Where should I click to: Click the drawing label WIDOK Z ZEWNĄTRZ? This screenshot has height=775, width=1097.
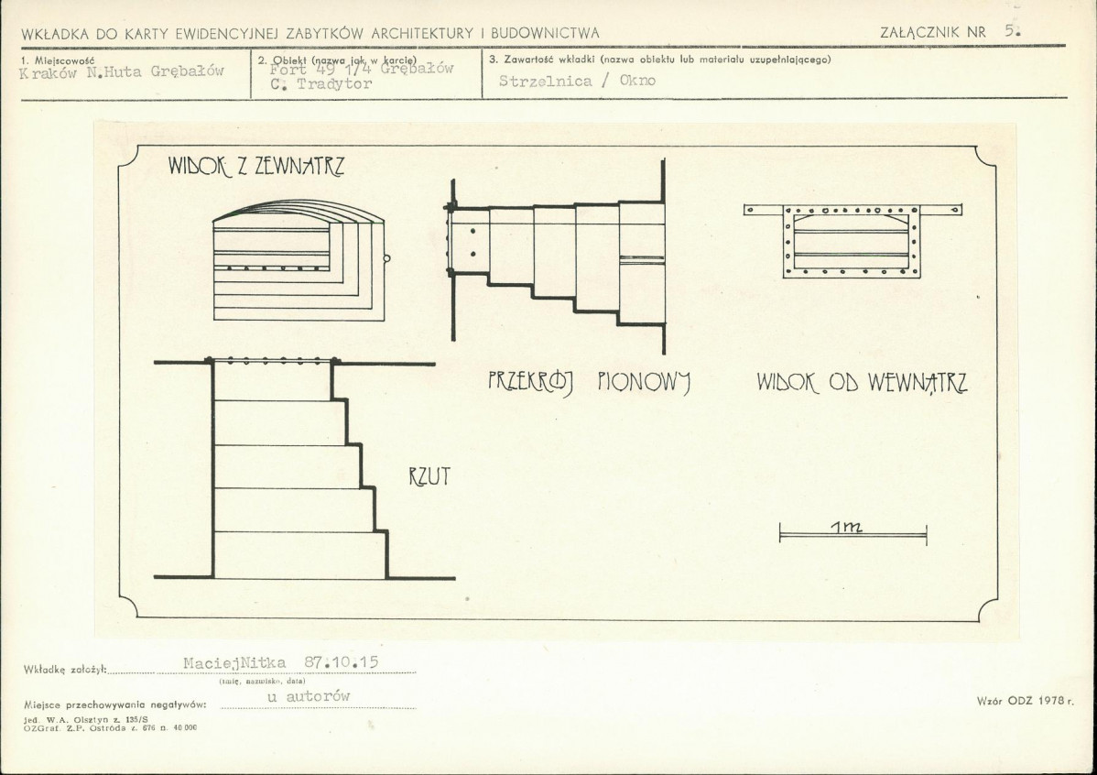pos(255,167)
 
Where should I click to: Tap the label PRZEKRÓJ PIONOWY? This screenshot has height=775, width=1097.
pos(589,382)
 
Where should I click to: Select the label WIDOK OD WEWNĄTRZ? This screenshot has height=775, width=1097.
pos(862,383)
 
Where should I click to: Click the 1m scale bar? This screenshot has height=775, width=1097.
pos(853,533)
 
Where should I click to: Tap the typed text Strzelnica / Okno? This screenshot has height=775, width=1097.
pos(578,81)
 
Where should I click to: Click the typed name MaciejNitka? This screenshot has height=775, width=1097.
pos(234,661)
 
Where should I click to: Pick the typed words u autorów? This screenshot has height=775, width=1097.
pos(308,697)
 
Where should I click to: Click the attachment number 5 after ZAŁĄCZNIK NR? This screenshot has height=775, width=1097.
pos(1010,29)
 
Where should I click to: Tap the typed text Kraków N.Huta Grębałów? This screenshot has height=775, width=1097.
pos(122,73)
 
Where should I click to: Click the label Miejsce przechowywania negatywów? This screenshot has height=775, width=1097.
pos(115,704)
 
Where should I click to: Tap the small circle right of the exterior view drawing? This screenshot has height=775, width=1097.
pos(386,258)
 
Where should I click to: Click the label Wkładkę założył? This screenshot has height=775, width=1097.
pos(64,670)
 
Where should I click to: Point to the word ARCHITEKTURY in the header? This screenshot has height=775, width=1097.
pos(424,33)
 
